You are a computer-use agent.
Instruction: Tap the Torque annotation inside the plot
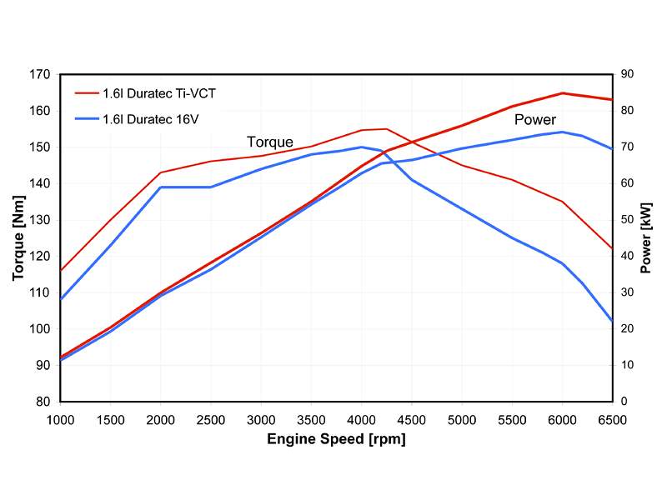tap(269, 142)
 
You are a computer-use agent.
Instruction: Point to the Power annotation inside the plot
tap(534, 120)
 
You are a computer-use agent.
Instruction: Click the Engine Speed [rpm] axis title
tap(336, 439)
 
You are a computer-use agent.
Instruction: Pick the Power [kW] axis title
tap(647, 238)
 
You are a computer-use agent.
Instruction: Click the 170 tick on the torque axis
tap(41, 74)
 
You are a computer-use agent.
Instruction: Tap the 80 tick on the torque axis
tap(44, 402)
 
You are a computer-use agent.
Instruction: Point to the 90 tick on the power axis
tap(627, 74)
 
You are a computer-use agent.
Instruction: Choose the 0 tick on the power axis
tap(624, 402)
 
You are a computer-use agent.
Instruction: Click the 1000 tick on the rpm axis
tap(61, 418)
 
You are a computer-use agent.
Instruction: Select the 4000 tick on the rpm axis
tap(362, 418)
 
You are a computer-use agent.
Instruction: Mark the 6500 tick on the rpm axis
tap(612, 418)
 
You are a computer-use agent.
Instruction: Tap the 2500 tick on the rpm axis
tap(211, 418)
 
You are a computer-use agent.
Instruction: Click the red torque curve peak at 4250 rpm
tap(387, 129)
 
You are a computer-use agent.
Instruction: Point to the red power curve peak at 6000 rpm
tap(563, 93)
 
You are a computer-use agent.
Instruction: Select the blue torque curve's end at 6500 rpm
tap(612, 321)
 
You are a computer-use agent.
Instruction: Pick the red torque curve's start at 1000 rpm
tap(61, 270)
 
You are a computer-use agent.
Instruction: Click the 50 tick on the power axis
tap(627, 220)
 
